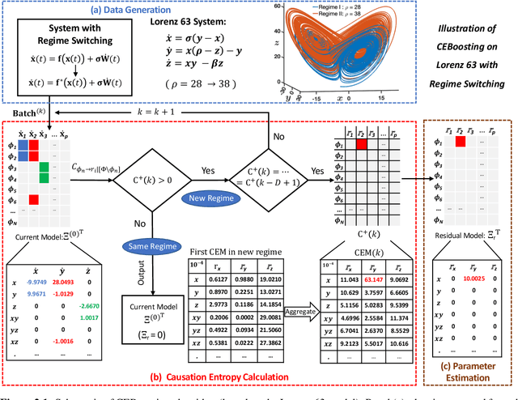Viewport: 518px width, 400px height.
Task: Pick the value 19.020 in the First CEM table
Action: (x=270, y=278)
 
